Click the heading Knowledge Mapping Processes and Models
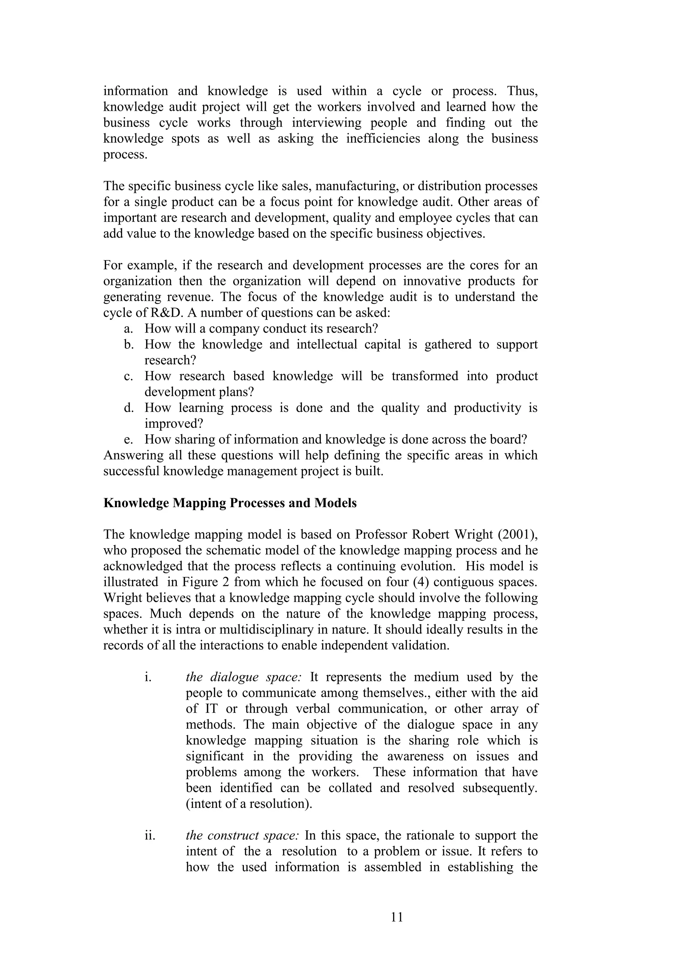pyautogui.click(x=230, y=503)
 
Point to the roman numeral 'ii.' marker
pyautogui.click(x=150, y=836)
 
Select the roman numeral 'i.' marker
pyautogui.click(x=148, y=677)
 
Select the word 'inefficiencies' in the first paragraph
pyautogui.click(x=383, y=139)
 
